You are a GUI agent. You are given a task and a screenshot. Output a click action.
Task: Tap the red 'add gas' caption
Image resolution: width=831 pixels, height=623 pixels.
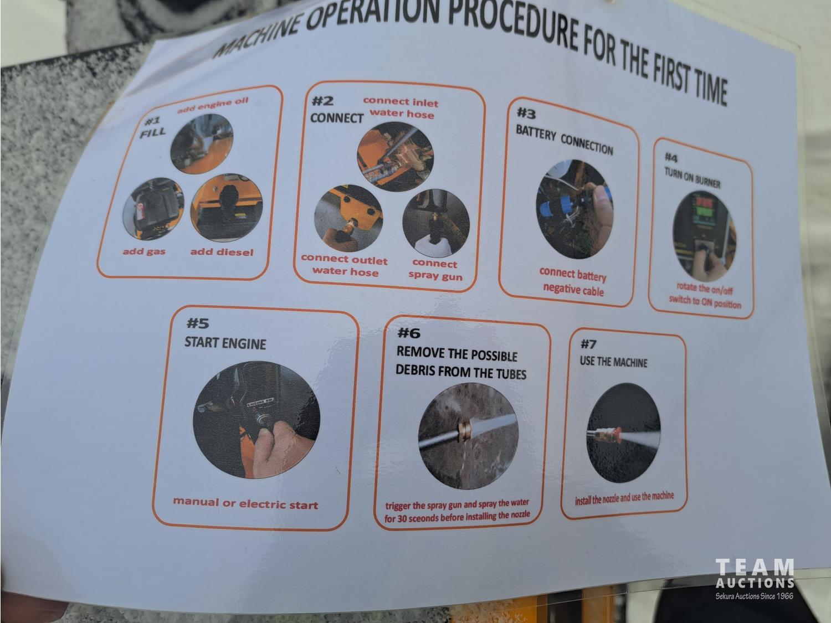144,252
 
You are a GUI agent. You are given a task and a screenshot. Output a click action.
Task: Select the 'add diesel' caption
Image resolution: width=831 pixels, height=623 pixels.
222,252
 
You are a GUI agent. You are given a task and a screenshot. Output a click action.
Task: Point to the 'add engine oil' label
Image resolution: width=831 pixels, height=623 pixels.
213,105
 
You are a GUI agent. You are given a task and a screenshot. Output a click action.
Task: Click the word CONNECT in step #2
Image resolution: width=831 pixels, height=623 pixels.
337,119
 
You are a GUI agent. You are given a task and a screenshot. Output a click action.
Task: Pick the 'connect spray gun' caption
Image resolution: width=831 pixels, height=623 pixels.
435,270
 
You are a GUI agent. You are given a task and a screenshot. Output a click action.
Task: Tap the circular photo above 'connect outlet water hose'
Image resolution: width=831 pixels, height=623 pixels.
348,218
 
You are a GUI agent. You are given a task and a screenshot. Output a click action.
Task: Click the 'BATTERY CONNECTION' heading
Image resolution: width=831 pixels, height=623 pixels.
564,140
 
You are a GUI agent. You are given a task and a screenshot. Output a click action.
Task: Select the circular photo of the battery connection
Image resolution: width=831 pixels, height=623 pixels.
574,209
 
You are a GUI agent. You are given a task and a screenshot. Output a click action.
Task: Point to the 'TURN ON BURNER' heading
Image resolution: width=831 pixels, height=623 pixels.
693,178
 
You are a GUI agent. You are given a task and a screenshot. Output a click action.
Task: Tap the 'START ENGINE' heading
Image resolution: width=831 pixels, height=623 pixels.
225,343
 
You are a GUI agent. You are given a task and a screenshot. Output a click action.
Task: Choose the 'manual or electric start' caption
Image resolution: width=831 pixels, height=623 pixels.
246,503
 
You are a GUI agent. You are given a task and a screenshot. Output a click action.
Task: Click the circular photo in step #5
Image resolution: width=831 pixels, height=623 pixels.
257,420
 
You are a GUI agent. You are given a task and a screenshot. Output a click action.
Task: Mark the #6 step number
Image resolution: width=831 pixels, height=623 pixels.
409,333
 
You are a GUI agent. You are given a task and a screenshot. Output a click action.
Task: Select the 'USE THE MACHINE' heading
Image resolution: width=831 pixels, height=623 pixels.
614,362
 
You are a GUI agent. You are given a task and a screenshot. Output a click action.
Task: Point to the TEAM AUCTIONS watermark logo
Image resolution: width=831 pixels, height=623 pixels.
755,579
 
